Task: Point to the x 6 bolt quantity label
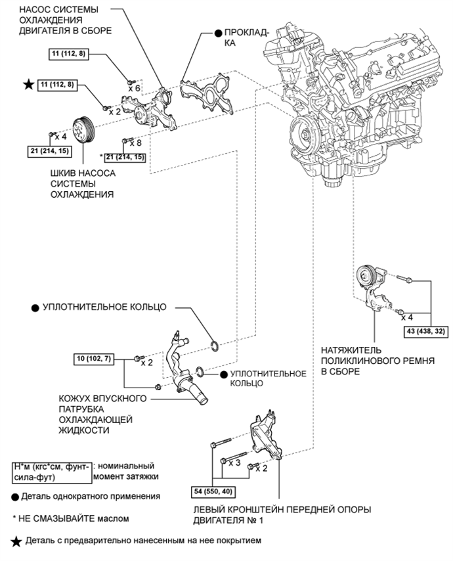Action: click(x=135, y=87)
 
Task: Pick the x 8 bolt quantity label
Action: click(x=137, y=142)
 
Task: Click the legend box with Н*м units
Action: click(x=51, y=470)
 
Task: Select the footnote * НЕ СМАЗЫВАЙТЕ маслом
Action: click(x=69, y=518)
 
